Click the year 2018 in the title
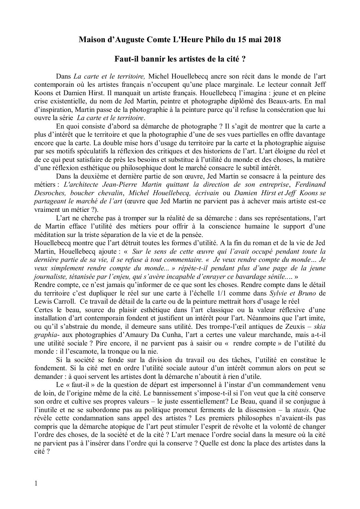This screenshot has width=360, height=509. pyautogui.click(x=272, y=39)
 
